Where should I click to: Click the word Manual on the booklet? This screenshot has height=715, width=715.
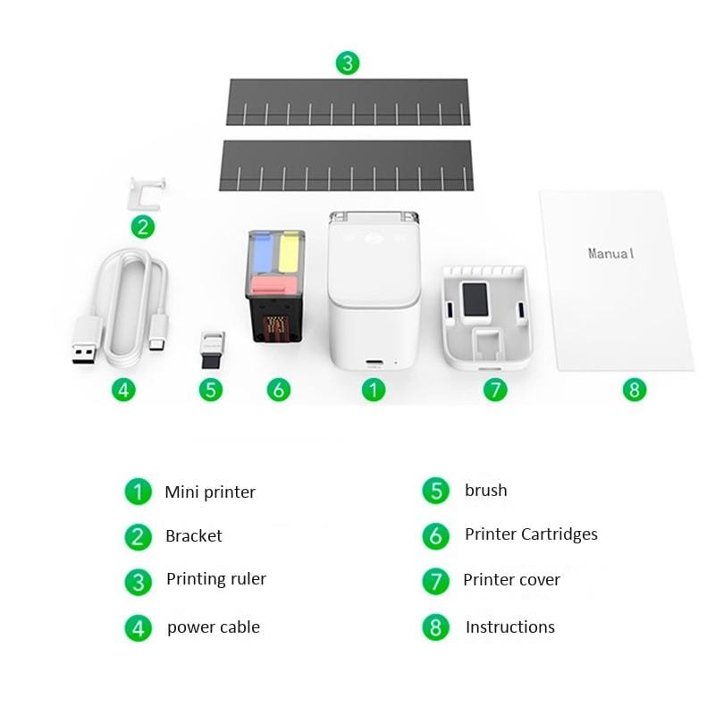click(611, 254)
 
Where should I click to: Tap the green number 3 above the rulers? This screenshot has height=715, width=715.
click(348, 63)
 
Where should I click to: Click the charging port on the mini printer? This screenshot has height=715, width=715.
click(374, 363)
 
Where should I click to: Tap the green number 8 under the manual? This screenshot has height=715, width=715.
click(635, 390)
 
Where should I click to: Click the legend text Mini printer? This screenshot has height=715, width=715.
click(210, 492)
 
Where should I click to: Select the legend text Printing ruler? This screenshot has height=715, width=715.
click(216, 579)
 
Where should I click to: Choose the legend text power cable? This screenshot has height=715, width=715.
click(214, 627)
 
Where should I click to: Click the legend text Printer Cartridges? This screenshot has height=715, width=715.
click(531, 534)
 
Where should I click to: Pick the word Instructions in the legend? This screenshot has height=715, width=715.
click(510, 627)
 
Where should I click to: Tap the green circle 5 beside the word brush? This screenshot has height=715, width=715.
click(435, 491)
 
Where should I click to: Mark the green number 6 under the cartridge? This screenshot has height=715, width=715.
click(279, 390)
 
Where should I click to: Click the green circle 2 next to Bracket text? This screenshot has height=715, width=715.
click(138, 536)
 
